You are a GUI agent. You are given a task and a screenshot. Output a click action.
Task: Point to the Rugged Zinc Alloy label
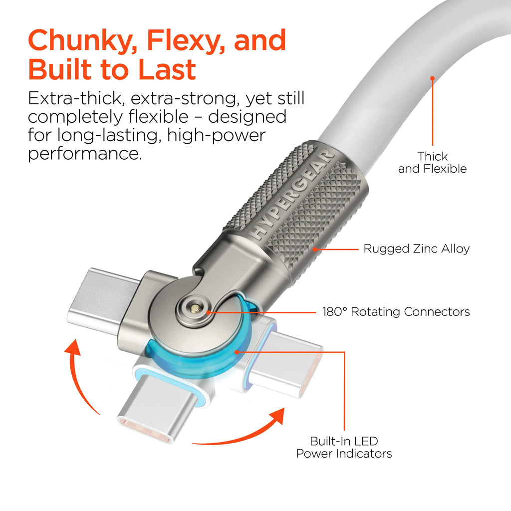[x=416, y=249]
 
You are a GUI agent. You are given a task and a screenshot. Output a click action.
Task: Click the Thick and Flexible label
[x=432, y=163]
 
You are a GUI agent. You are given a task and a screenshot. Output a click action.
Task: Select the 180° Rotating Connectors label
[x=396, y=312]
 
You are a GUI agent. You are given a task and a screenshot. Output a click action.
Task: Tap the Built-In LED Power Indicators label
[x=344, y=447]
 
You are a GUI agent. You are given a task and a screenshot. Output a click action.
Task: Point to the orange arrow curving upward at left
[x=80, y=374]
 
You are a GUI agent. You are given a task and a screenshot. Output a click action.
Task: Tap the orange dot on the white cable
[x=432, y=78]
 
